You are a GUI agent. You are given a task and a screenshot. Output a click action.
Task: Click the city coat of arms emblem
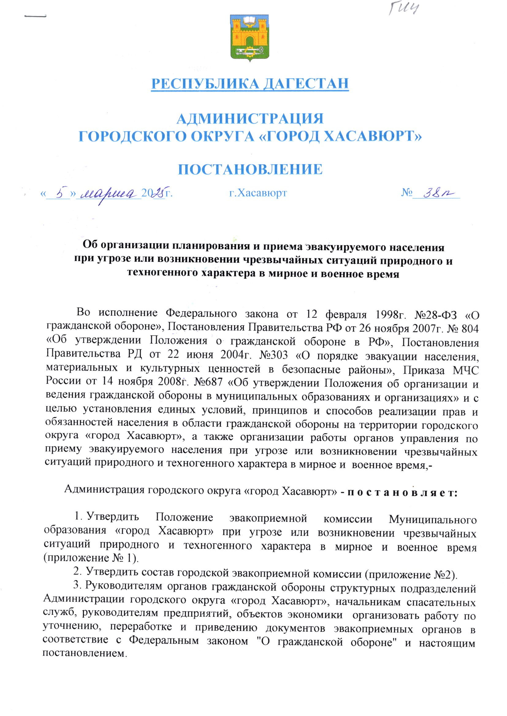[250, 38]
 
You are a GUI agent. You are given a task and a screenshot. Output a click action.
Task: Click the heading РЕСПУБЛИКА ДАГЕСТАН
[250, 84]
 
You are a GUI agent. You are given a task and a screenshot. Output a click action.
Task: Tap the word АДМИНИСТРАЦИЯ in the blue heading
[250, 119]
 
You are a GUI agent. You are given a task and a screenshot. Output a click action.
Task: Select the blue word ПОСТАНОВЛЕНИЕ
[250, 169]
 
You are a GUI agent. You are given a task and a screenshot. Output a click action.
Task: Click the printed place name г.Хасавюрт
[258, 193]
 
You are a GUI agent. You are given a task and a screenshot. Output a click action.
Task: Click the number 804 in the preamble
[470, 328]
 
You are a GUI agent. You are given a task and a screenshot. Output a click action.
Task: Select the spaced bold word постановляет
[402, 493]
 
